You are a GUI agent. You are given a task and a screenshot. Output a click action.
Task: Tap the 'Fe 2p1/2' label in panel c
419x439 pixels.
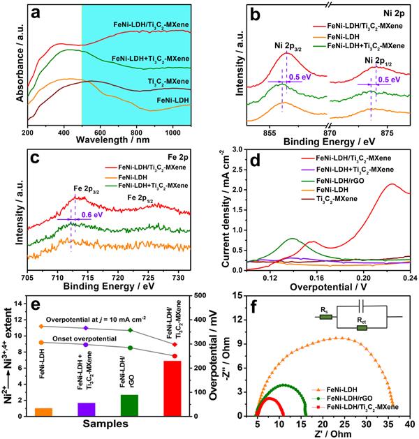tap(142, 198)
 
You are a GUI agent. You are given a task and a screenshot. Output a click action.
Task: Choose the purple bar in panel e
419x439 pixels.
tap(86, 409)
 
